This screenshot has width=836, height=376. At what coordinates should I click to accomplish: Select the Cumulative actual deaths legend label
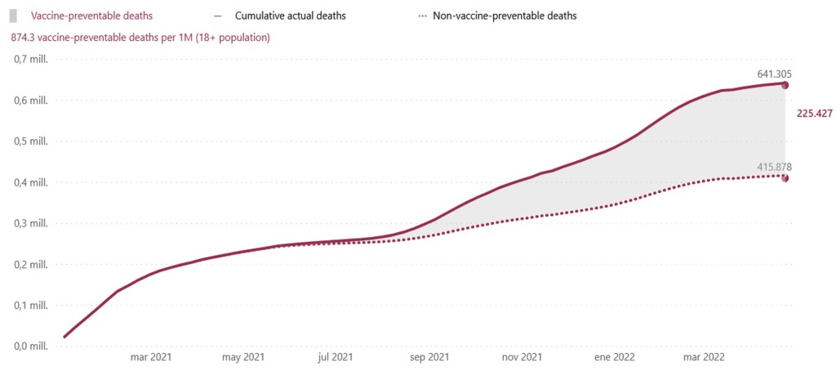289,16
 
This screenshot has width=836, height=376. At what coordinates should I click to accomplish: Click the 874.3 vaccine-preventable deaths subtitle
140,38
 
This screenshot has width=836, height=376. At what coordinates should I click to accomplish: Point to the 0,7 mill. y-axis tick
33,60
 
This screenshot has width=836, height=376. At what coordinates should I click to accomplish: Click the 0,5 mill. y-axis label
33,141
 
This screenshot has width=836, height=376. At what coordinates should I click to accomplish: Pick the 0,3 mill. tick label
33,224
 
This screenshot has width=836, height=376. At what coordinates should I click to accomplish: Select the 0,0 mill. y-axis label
33,347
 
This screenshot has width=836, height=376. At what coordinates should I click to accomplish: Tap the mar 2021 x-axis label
150,357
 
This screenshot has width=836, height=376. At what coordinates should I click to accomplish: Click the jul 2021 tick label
335,357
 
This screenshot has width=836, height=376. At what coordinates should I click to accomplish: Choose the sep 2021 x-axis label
429,357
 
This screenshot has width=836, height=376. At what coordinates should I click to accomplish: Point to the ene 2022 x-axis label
613,357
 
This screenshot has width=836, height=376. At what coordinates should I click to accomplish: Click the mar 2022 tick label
704,357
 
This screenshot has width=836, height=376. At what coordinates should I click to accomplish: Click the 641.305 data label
774,74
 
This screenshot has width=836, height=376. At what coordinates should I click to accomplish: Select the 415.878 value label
774,167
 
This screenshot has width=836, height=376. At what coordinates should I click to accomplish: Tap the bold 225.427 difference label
813,114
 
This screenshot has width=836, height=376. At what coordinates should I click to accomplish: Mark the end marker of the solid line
785,85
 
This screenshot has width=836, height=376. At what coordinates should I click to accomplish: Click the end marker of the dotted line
785,178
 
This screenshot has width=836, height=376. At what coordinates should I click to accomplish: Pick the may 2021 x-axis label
243,357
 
